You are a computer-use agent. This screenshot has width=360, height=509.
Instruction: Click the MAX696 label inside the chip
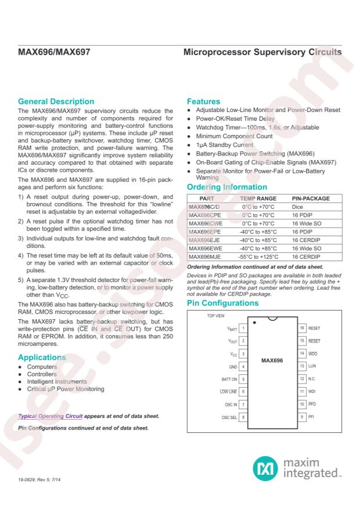click(x=272, y=360)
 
